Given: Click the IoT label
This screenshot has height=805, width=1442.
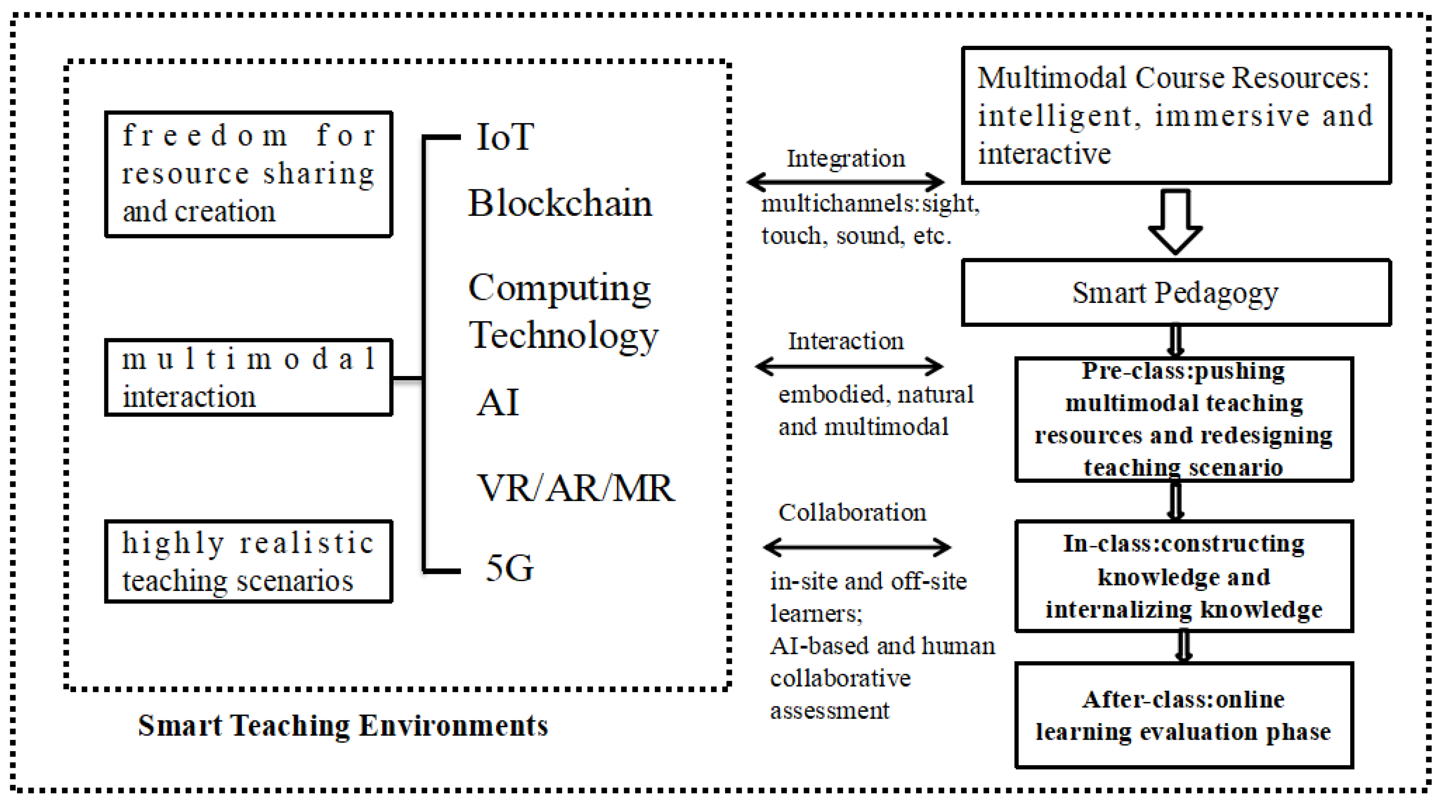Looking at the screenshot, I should (504, 137).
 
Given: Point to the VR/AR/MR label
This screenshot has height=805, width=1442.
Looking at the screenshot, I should (576, 488).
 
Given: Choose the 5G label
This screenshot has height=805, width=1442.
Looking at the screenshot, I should (509, 568).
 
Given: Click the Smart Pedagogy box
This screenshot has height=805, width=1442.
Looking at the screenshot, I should (1175, 292).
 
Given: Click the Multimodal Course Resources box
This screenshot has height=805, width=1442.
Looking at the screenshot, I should (1175, 115).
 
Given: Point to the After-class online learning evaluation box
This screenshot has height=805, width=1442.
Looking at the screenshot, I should (1184, 715).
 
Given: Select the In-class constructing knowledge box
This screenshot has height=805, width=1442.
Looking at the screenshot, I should (1184, 576).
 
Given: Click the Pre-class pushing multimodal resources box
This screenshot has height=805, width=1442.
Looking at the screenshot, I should (1184, 419).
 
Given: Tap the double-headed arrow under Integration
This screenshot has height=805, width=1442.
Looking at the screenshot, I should (845, 182).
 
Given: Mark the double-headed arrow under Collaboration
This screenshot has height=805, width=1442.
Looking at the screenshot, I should (857, 547).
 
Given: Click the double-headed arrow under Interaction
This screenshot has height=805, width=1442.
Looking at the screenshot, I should (849, 367).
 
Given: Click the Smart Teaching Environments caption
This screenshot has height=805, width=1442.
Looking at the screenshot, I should (343, 726).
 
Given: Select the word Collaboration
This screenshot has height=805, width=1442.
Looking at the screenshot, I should (852, 512).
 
